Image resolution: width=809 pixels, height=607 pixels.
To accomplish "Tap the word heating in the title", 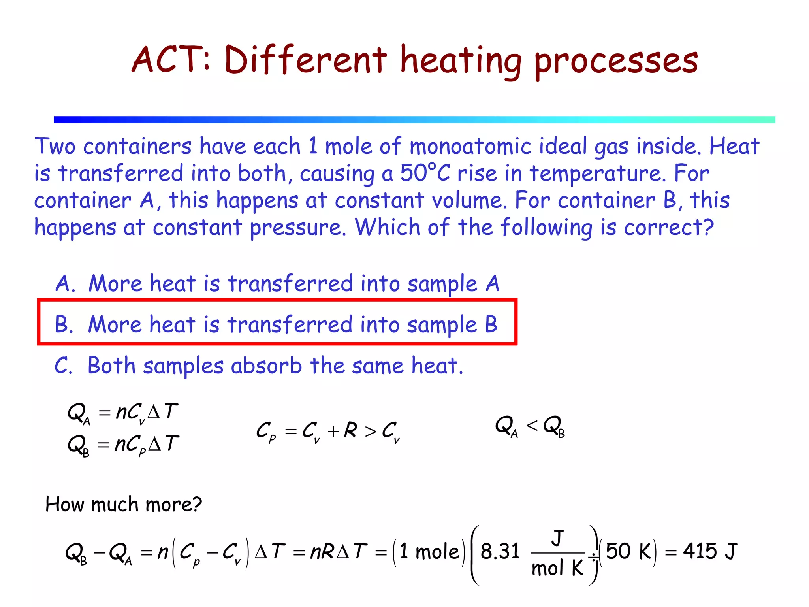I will tap(461, 61).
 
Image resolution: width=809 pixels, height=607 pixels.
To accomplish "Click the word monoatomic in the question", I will tap(470, 146).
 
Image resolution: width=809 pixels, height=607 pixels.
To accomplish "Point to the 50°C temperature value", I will tap(425, 173).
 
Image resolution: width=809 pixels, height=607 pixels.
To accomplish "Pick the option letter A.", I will tap(64, 284).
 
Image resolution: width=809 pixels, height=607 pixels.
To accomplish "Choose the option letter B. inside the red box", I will tap(64, 324).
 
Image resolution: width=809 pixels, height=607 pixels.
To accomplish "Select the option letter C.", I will tap(63, 366).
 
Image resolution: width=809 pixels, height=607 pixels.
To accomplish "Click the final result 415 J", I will tap(710, 551).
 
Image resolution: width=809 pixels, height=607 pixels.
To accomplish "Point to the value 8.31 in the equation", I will tap(500, 551).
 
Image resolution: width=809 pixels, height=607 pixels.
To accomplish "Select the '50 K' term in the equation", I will tap(628, 551).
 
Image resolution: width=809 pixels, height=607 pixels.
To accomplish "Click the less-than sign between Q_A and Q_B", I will tap(532, 426).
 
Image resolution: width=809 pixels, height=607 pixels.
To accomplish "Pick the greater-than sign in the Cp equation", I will tap(371, 432).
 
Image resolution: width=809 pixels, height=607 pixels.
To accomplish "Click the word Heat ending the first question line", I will tap(734, 146).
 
